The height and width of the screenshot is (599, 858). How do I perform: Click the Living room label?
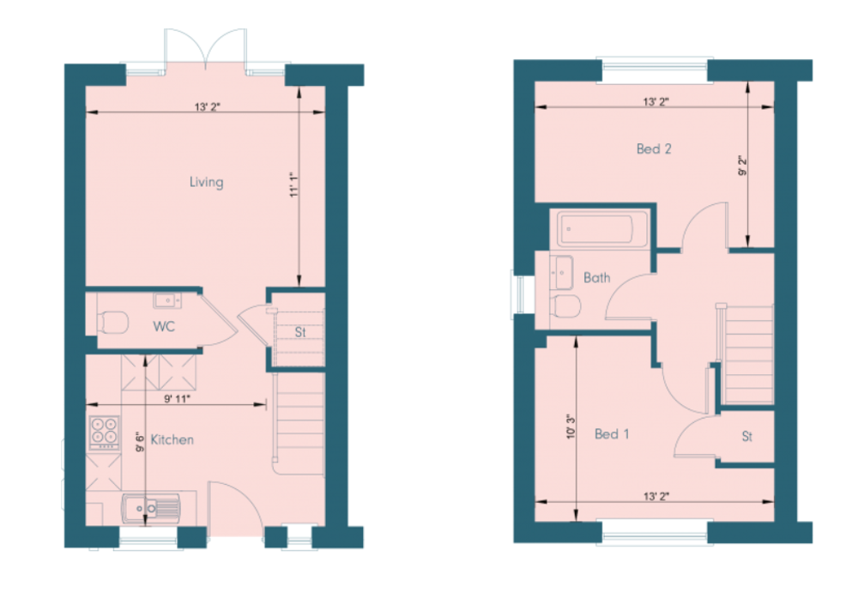206,182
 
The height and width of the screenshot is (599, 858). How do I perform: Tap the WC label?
164,327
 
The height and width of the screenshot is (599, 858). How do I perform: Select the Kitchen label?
172,439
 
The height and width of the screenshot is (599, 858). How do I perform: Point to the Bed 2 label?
654,149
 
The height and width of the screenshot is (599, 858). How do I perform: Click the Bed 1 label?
612,434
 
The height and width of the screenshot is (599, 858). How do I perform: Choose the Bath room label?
596,277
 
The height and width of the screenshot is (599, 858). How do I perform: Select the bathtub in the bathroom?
602,229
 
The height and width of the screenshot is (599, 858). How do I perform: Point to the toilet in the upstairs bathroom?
565,306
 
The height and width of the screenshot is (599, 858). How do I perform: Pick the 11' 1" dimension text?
294,185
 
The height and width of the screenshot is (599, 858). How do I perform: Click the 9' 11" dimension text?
177,398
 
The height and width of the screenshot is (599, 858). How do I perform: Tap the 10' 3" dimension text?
571,426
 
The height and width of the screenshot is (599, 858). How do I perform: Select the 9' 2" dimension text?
742,166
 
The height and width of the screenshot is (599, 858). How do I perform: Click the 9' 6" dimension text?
140,441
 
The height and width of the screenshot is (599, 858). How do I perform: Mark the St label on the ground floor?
299,332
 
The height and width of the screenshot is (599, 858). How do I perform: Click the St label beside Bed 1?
747,437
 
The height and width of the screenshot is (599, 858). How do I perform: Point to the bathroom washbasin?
561,271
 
